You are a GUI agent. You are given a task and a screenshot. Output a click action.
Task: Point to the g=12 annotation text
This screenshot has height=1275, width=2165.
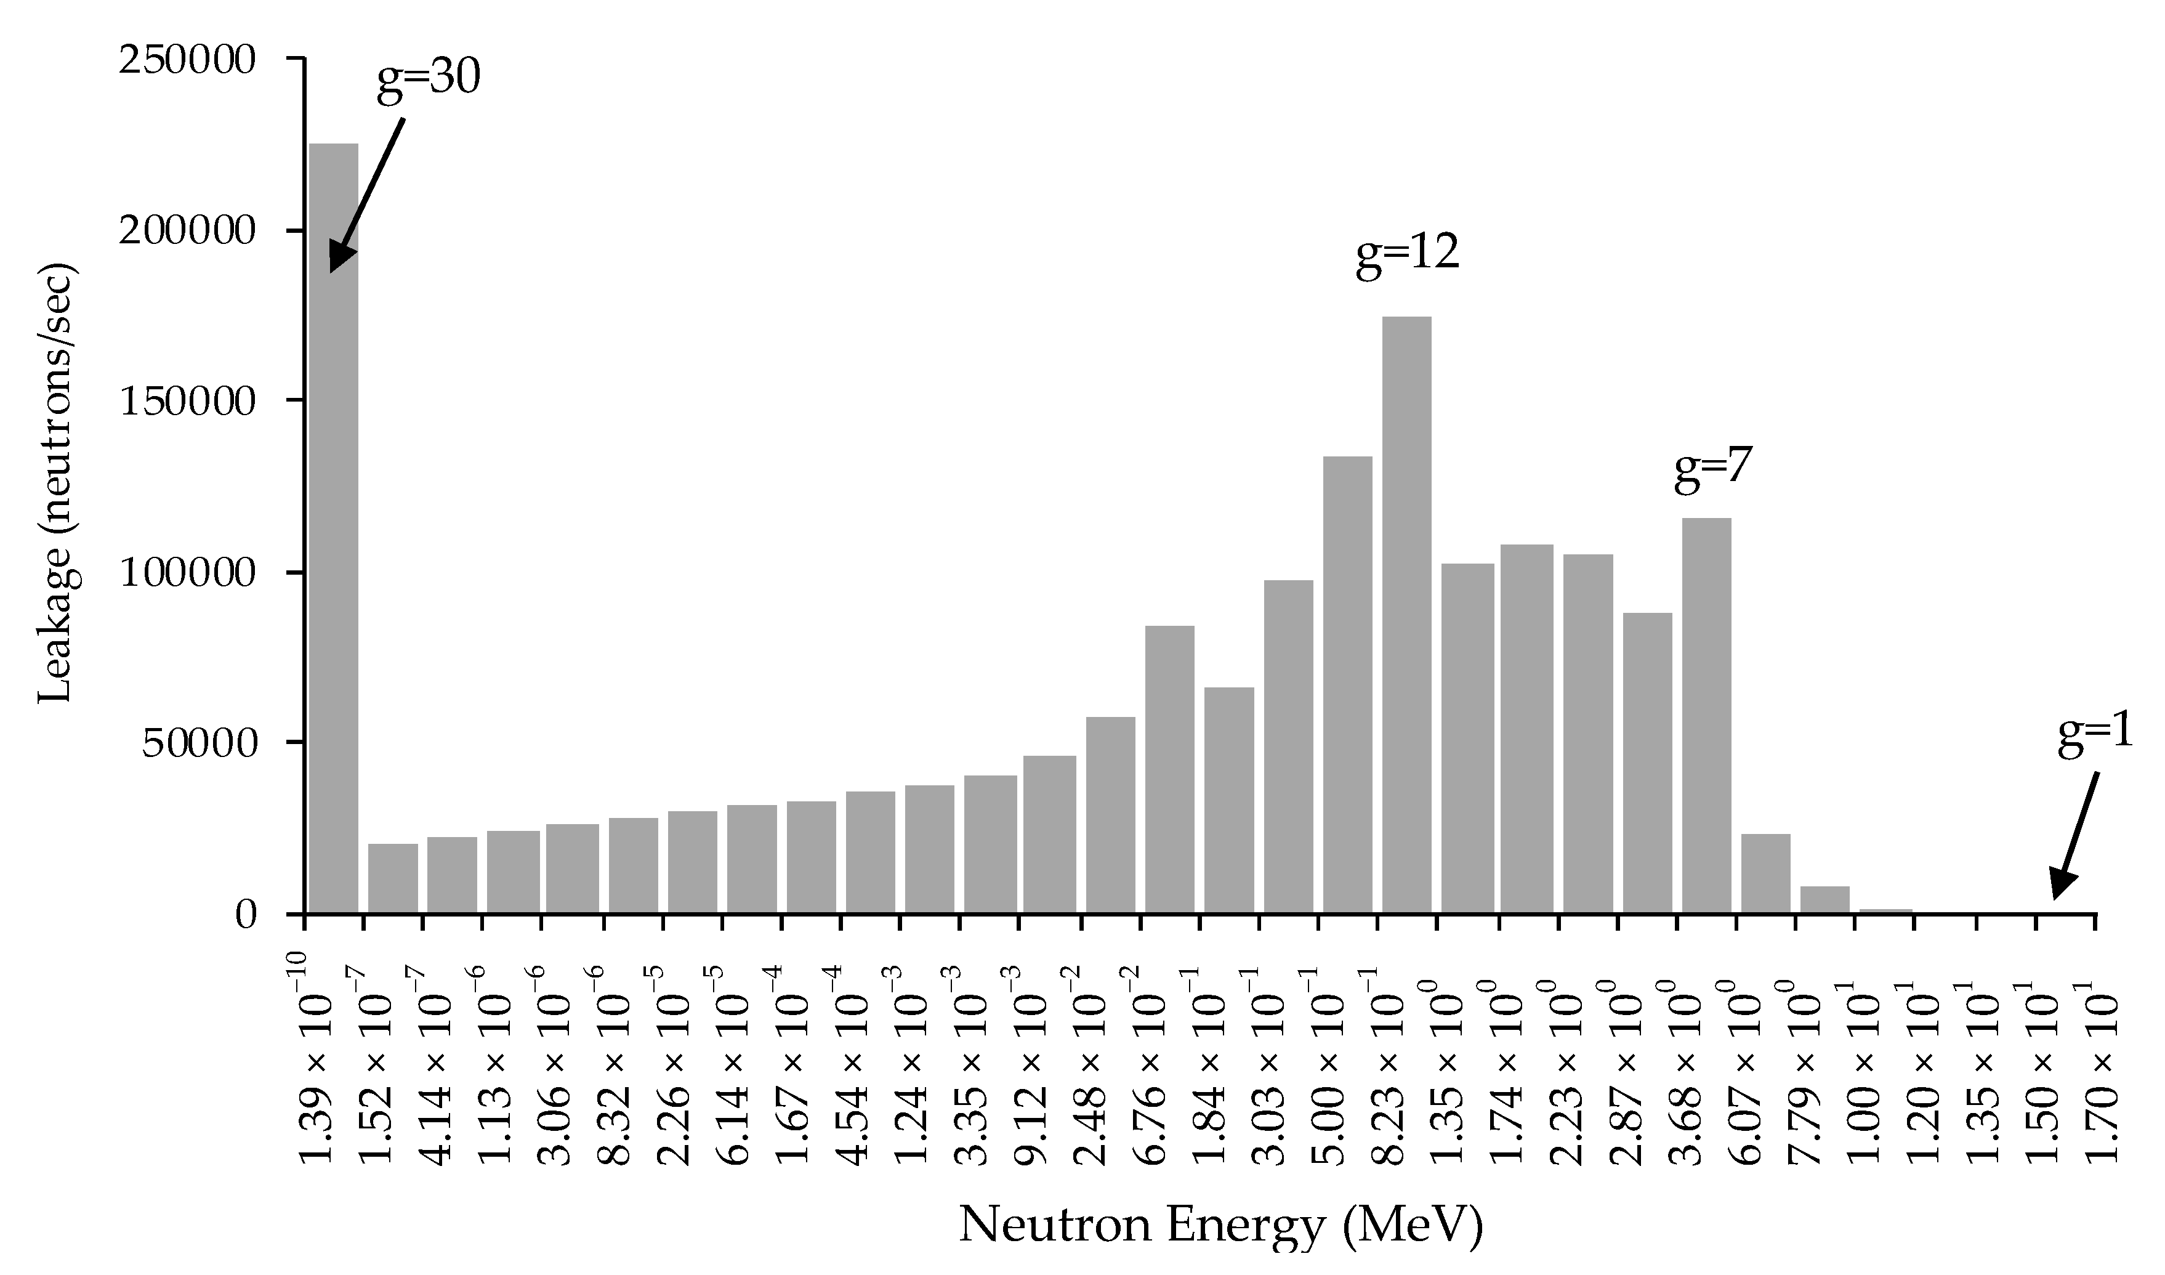click(x=1407, y=254)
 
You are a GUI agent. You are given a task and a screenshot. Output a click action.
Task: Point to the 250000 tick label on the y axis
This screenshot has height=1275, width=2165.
click(x=187, y=60)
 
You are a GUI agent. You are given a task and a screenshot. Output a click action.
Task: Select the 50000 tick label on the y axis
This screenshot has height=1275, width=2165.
click(x=200, y=744)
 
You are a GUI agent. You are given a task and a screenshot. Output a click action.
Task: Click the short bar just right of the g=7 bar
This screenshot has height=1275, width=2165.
click(x=1765, y=873)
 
